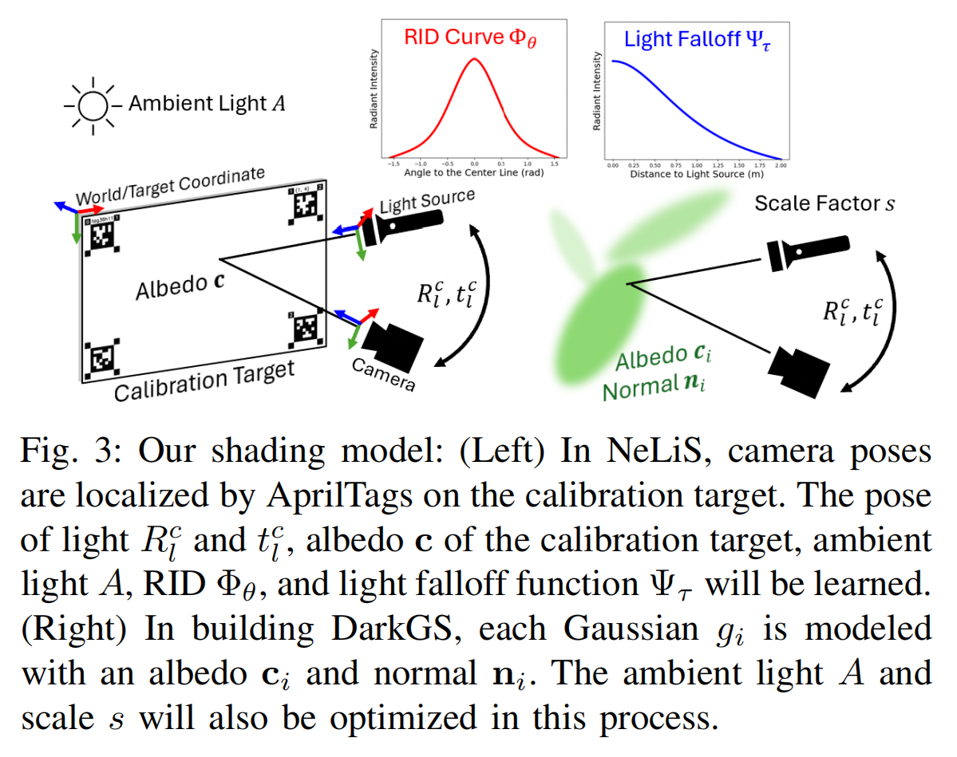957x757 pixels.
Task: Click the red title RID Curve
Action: (x=470, y=37)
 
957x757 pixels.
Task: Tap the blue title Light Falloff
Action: (x=694, y=38)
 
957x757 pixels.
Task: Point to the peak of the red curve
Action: (x=474, y=59)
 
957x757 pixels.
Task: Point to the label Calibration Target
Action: (x=204, y=382)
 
